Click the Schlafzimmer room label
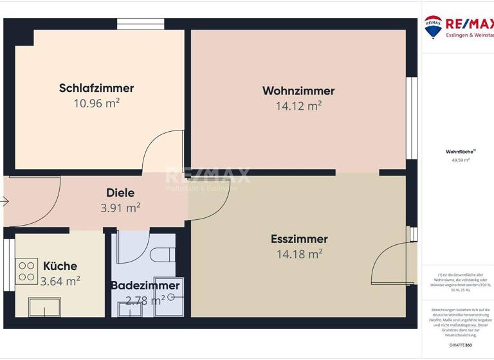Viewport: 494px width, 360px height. (x=96, y=88)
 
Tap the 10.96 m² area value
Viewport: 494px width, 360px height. (x=96, y=102)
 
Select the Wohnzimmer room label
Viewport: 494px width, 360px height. (x=298, y=91)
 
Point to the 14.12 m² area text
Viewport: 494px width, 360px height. (x=298, y=105)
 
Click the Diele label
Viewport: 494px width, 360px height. (x=120, y=192)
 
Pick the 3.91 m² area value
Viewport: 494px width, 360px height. (x=120, y=207)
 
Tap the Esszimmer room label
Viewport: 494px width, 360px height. (x=299, y=239)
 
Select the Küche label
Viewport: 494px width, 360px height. (x=60, y=265)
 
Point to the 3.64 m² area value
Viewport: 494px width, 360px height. (x=60, y=280)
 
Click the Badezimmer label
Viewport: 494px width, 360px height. (x=145, y=285)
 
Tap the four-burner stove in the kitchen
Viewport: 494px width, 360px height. (x=26, y=271)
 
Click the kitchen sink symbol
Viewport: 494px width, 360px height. (x=44, y=307)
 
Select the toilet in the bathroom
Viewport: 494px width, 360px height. (x=163, y=254)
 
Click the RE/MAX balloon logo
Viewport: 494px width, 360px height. (x=432, y=26)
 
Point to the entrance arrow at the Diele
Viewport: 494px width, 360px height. (x=5, y=201)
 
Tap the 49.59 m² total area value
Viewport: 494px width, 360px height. (x=461, y=160)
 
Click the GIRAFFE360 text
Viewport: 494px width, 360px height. (x=461, y=345)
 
